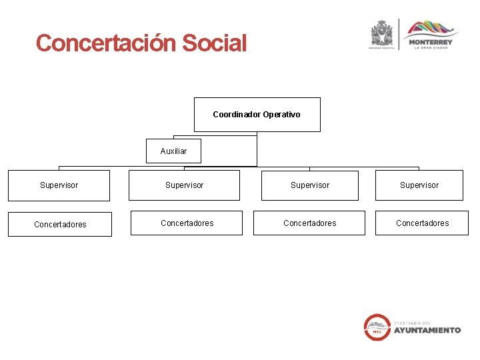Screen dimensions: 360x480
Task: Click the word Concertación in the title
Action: (105, 43)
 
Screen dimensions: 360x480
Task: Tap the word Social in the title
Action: (214, 43)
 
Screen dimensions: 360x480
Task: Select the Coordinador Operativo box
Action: (257, 115)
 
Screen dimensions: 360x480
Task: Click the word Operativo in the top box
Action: (281, 115)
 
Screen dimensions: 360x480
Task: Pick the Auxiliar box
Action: (173, 151)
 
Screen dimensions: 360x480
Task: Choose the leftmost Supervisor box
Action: (59, 185)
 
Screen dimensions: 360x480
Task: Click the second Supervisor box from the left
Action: (184, 185)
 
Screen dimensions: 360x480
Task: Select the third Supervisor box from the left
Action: (309, 185)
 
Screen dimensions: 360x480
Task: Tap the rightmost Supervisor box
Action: (419, 185)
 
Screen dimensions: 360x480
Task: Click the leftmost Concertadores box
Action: (60, 224)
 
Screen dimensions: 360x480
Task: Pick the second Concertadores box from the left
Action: (187, 223)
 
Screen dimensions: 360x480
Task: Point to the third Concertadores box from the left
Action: (309, 223)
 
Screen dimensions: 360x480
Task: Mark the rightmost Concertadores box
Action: (422, 223)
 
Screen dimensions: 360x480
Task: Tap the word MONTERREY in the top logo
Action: (431, 42)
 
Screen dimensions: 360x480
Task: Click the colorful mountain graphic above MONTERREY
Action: (432, 29)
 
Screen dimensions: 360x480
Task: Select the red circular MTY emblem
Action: (377, 327)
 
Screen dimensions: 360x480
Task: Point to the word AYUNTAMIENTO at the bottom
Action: (427, 330)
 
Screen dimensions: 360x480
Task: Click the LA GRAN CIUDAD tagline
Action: (431, 48)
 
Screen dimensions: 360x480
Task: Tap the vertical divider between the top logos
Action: (399, 35)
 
